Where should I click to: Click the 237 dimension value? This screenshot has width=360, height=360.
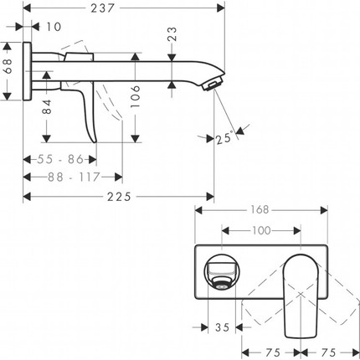click(124, 8)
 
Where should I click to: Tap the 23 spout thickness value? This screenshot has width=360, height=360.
click(172, 36)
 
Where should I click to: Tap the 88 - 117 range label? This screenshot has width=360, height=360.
click(73, 177)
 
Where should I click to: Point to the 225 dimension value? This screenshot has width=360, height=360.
click(124, 198)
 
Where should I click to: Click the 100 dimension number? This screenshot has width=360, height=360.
click(261, 229)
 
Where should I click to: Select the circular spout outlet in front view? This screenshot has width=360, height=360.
click(220, 272)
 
